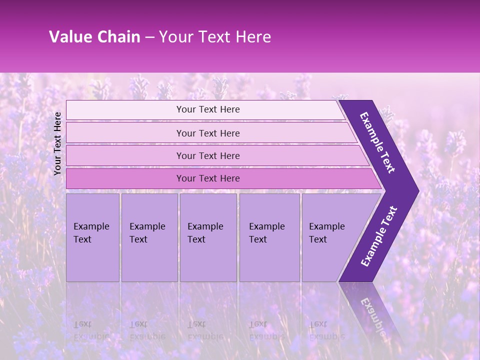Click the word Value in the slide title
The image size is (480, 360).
(69, 37)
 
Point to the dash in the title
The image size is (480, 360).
(149, 37)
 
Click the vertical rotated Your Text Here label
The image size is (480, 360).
(57, 143)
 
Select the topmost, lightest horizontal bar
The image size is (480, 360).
(207, 109)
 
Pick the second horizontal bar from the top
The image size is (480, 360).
(207, 133)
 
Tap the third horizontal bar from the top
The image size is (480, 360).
(207, 156)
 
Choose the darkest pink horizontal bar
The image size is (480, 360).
(207, 178)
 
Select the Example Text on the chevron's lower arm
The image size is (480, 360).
(379, 236)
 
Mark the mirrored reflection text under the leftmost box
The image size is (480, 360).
(91, 330)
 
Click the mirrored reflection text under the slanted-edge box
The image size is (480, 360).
(327, 330)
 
